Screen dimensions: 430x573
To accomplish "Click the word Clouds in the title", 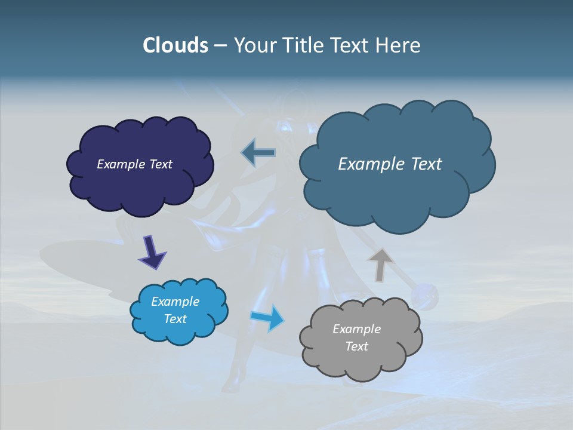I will (x=175, y=45).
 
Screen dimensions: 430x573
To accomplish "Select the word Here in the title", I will (x=399, y=45).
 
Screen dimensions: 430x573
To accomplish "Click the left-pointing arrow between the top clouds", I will (x=258, y=153).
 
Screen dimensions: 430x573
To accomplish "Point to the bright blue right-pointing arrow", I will (x=267, y=318).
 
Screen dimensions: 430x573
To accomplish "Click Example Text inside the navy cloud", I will (x=135, y=164).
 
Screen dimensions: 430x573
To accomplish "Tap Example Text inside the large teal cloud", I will (x=390, y=164).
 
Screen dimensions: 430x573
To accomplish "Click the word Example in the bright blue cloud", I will (x=175, y=302).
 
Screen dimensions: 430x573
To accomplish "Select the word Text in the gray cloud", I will (x=357, y=346).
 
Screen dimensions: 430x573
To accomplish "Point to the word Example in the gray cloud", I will (x=357, y=329).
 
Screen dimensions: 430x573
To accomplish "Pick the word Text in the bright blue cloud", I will (x=175, y=319).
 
